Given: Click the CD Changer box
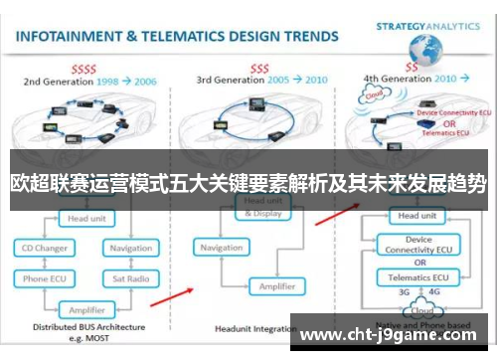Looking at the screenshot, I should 45,247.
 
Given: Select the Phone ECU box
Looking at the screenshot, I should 45,279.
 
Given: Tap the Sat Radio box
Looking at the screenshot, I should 130,279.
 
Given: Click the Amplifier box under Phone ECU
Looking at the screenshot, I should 86,309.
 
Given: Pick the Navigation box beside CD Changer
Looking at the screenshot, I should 130,247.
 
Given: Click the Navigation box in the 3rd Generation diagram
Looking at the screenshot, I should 221,247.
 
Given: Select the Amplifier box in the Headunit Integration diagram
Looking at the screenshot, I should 276,285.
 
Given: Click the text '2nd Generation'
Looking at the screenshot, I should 60,80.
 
